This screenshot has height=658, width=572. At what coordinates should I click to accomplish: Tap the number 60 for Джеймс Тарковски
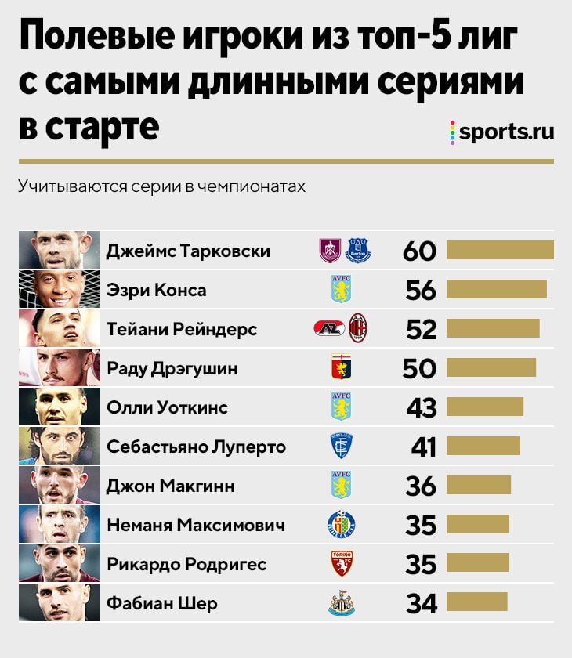418,251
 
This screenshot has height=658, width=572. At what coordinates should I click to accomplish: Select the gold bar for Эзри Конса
496,290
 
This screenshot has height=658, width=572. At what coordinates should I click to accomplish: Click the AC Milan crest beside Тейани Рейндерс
358,329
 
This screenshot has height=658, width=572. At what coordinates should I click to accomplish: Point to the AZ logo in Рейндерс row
329,329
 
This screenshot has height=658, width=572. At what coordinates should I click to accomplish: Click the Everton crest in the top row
361,251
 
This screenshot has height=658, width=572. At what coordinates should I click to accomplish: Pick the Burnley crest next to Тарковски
331,251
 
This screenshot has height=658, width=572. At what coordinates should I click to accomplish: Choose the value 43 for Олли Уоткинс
421,407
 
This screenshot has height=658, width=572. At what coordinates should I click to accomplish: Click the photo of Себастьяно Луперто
60,446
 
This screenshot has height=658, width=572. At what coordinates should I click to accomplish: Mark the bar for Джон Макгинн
478,486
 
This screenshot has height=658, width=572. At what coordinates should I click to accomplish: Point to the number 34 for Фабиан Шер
421,603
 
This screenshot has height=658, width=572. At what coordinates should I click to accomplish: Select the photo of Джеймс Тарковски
60,251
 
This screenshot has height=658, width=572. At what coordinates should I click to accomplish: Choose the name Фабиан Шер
161,603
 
